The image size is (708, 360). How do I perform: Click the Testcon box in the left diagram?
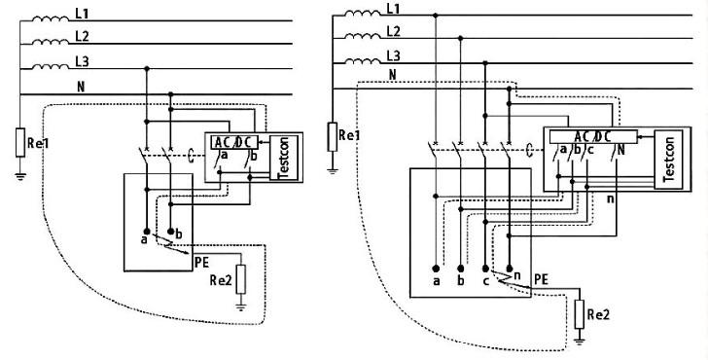click(x=287, y=159)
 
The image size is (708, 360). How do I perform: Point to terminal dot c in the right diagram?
click(x=484, y=267)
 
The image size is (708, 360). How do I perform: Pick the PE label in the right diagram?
click(x=542, y=278)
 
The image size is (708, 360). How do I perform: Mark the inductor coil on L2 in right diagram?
click(x=355, y=38)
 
